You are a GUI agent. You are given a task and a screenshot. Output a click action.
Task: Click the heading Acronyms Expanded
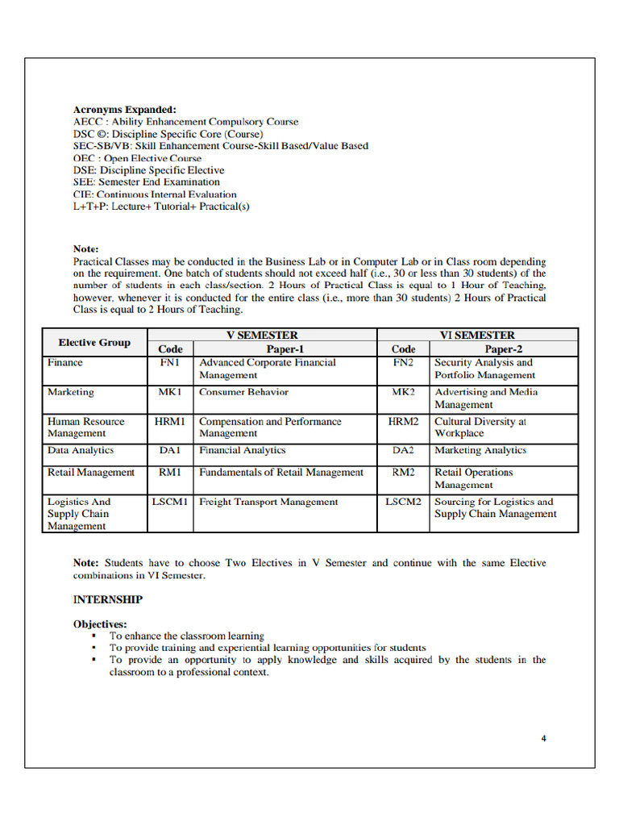tap(124, 110)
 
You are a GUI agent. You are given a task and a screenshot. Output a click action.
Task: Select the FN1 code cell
tap(170, 363)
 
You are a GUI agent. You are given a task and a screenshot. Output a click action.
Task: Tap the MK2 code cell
tap(403, 392)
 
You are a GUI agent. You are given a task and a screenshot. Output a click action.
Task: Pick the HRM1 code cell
tap(170, 422)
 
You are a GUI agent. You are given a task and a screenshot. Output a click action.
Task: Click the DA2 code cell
tap(403, 451)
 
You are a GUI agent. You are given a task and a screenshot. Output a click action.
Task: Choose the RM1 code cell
tap(170, 473)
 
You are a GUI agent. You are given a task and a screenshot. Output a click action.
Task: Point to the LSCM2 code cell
tap(403, 502)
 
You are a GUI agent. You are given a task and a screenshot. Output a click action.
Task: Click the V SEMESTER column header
tap(262, 335)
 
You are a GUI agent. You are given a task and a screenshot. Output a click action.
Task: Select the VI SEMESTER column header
tap(477, 335)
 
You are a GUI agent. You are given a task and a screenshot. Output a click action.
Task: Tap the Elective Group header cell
tap(94, 343)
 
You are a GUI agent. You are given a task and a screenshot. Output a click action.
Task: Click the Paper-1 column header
tap(285, 349)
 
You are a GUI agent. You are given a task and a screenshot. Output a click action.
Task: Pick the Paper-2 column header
tap(504, 349)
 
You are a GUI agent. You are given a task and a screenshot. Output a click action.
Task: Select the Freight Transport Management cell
tap(268, 502)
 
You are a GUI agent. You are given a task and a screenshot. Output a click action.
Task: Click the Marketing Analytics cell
tap(480, 451)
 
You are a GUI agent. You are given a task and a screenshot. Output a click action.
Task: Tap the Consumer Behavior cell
tap(243, 392)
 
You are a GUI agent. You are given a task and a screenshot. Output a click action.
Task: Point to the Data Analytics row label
tap(81, 451)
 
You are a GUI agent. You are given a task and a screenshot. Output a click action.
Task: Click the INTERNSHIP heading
tap(108, 599)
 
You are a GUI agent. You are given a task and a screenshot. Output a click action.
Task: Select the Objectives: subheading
tap(100, 624)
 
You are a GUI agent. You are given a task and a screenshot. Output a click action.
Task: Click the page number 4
tap(544, 738)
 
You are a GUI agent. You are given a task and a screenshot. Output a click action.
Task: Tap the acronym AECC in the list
tap(88, 122)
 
